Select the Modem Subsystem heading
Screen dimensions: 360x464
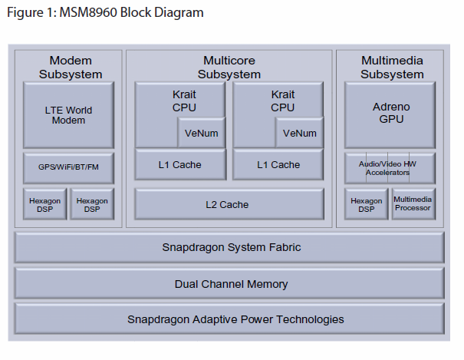click(71, 68)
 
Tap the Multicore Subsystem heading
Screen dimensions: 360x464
click(229, 68)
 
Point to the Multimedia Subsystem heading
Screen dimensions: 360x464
click(392, 68)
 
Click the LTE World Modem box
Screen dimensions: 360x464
click(68, 115)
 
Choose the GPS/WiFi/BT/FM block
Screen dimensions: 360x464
click(68, 167)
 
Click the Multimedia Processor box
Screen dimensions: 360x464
click(413, 203)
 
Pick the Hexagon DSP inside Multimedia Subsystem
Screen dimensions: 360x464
click(366, 204)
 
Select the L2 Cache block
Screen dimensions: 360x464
click(228, 204)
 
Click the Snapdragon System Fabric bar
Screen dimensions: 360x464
click(229, 247)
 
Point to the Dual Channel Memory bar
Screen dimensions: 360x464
click(229, 284)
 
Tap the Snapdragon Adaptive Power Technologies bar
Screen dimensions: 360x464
click(229, 319)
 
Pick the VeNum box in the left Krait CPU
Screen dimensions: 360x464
click(202, 133)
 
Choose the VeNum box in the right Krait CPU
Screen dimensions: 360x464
click(299, 133)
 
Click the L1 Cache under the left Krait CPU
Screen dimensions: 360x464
click(180, 164)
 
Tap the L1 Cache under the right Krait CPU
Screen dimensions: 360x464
click(278, 164)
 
